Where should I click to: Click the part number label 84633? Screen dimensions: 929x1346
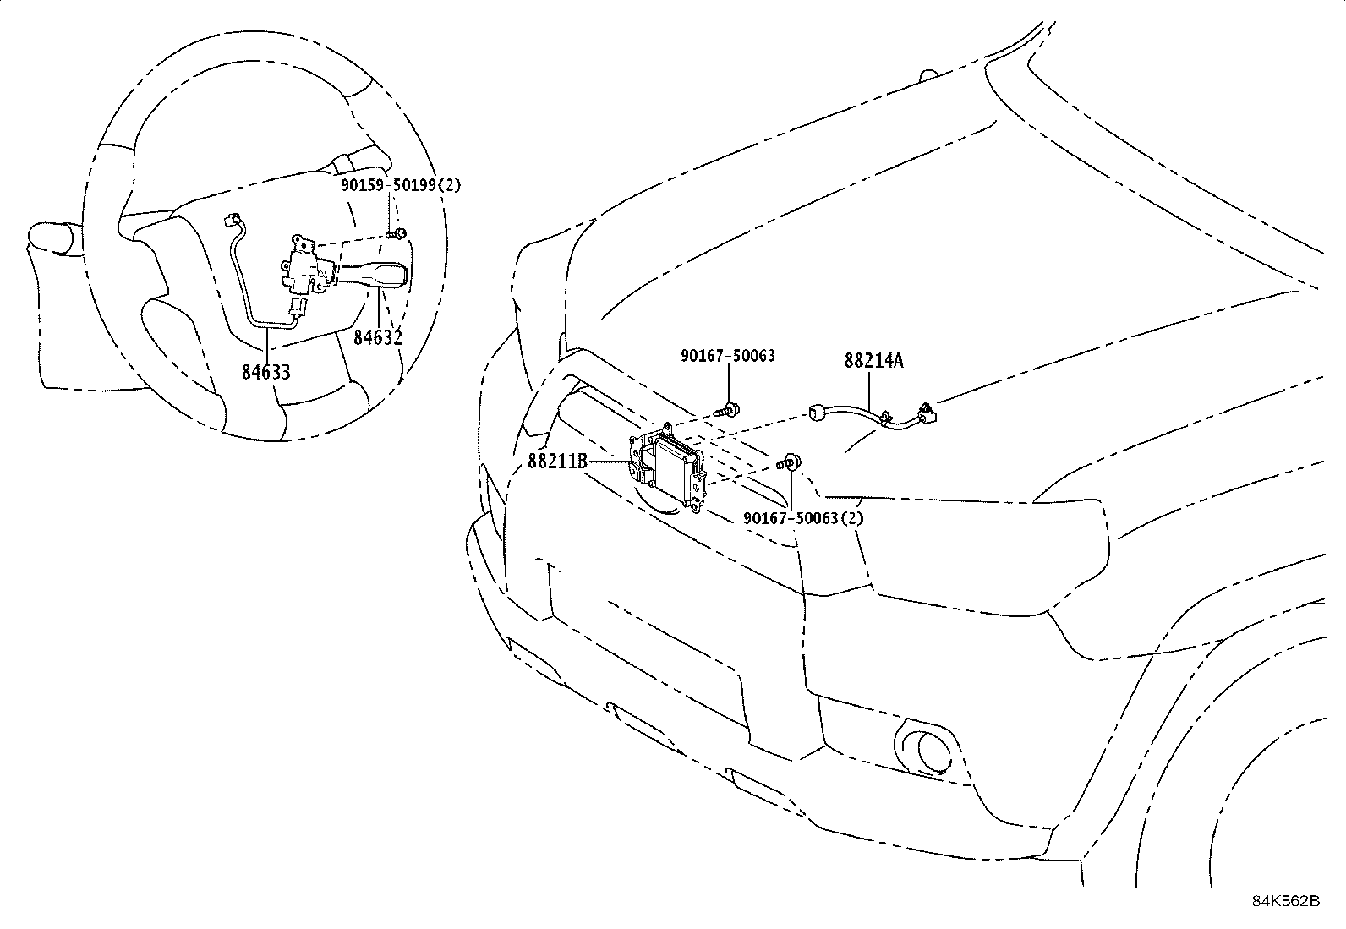[265, 371]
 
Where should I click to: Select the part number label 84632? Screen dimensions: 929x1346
[378, 337]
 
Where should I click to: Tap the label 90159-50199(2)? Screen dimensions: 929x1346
[402, 185]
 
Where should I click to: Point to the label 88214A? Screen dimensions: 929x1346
[873, 361]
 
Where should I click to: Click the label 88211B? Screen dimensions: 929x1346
[557, 462]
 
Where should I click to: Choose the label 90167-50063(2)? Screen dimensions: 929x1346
[803, 517]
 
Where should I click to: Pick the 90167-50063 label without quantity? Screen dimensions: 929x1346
[728, 357]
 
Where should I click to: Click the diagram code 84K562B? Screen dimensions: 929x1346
[1286, 901]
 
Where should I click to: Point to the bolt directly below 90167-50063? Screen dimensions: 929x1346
[728, 411]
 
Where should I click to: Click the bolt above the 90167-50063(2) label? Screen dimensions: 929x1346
[790, 462]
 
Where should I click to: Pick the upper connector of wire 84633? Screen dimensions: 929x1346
[229, 221]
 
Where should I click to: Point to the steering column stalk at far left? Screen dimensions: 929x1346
[52, 238]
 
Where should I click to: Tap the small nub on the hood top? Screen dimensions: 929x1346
[928, 75]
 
